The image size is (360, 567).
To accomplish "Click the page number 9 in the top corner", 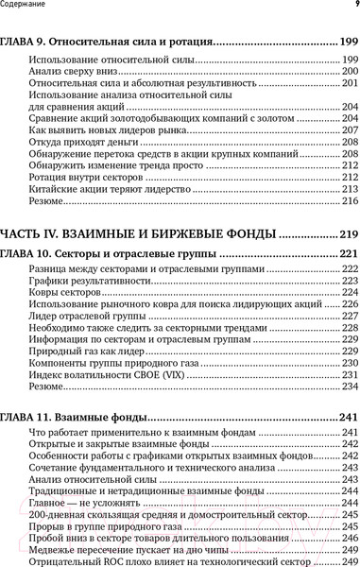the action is point(354,7).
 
